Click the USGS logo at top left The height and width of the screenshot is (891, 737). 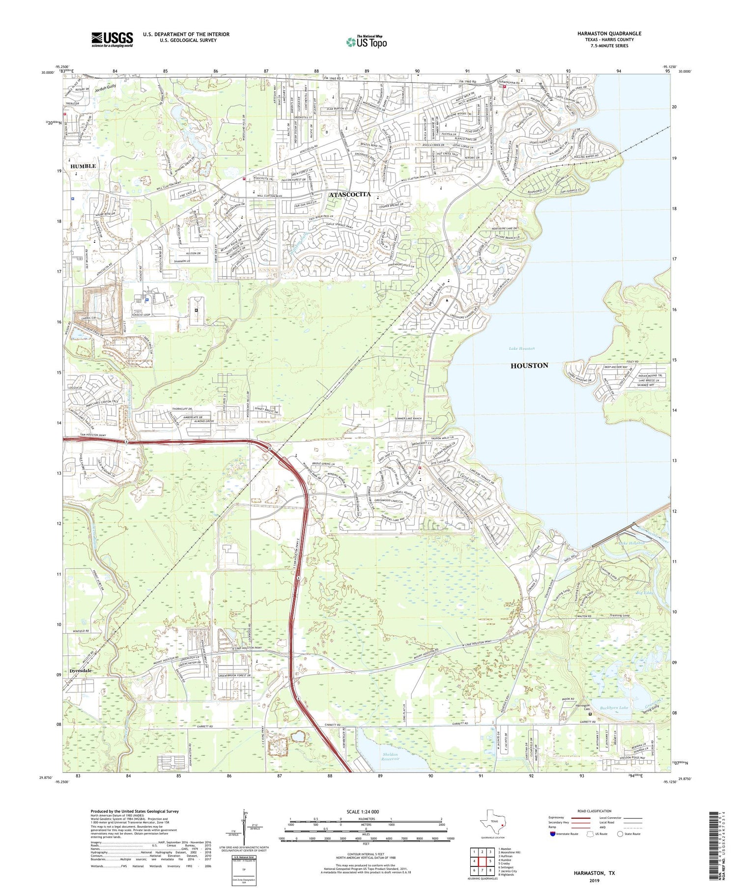point(112,39)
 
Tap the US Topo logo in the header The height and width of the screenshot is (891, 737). point(366,42)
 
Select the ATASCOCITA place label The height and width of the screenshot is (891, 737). point(349,195)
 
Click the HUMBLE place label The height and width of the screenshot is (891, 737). point(83,166)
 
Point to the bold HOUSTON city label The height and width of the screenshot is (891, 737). point(529,366)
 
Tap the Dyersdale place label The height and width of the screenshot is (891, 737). point(81,670)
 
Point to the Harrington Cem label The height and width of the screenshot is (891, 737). point(582,707)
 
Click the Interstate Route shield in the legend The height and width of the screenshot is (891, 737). point(553,834)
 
